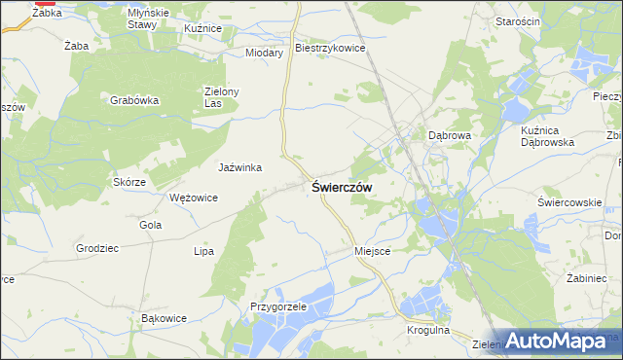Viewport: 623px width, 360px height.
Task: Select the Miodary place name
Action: [x=264, y=53]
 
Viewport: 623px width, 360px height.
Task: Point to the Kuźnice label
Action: [x=202, y=29]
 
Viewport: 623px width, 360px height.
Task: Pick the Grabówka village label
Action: [x=134, y=99]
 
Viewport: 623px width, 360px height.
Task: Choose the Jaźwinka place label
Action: [x=239, y=167]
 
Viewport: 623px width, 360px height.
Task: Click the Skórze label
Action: [x=129, y=182]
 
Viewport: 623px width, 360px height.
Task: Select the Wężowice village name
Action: [x=193, y=198]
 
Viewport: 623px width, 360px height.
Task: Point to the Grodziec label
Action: [x=97, y=248]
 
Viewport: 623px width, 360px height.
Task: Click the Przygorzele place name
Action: [x=278, y=306]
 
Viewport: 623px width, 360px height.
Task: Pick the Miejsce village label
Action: [x=373, y=250]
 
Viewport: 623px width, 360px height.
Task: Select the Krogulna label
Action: [x=428, y=332]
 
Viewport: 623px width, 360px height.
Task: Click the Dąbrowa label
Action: [x=450, y=136]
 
